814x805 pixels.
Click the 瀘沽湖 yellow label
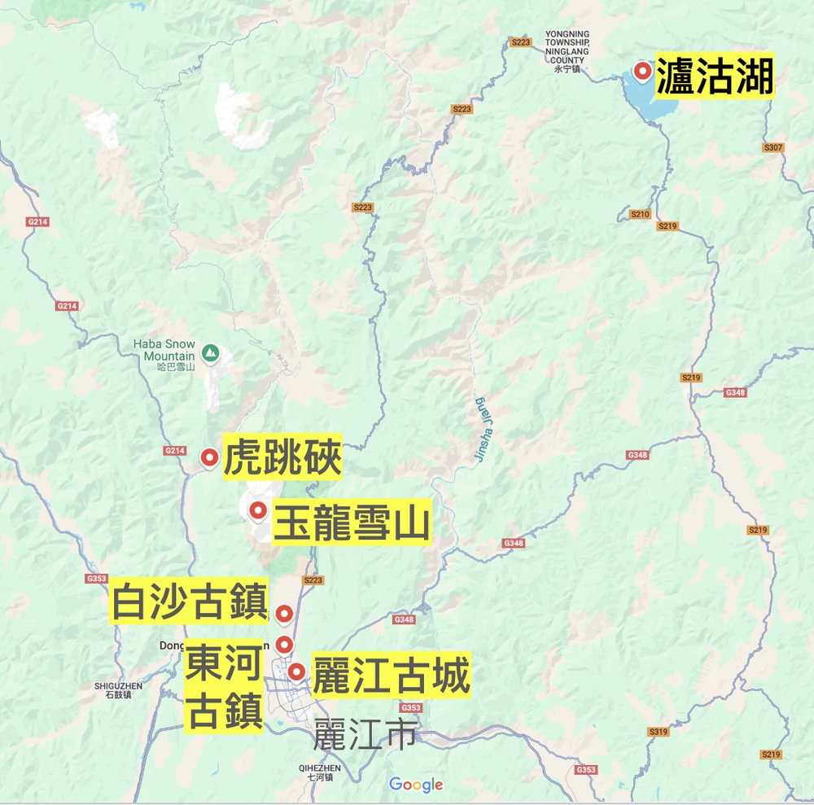(x=714, y=77)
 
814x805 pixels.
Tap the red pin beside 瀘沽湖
(x=643, y=72)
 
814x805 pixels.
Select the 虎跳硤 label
(x=282, y=459)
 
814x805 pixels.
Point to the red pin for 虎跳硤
(x=209, y=457)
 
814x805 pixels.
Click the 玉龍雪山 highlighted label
(x=351, y=522)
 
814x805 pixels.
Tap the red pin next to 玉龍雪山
(x=258, y=511)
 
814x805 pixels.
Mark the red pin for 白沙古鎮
(x=283, y=613)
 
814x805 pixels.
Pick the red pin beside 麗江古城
(x=296, y=672)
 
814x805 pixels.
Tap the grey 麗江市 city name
(x=365, y=734)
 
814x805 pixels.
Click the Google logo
(x=416, y=785)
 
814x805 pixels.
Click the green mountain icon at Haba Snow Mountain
(x=210, y=352)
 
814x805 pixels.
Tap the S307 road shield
(x=773, y=147)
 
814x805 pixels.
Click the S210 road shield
(x=641, y=214)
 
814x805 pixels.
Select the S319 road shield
(x=659, y=732)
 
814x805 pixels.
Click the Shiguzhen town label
(x=118, y=690)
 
